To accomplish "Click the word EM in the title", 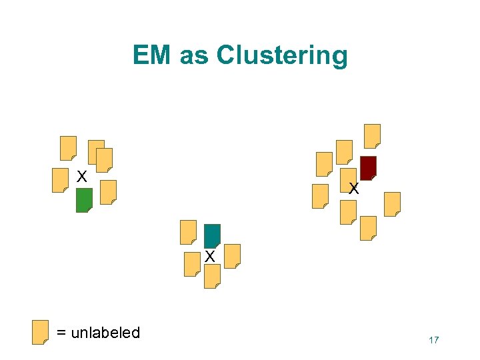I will click(x=152, y=55).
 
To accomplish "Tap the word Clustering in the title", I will click(x=281, y=55).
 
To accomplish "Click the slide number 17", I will click(x=433, y=341).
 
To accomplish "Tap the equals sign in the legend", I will click(x=61, y=333).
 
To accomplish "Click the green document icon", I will click(x=84, y=200).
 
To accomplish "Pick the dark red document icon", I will click(x=368, y=168).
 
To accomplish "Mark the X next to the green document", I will click(x=81, y=177).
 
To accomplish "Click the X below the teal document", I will click(x=209, y=256).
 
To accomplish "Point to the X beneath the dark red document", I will click(x=354, y=189).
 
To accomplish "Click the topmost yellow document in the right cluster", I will click(x=372, y=136).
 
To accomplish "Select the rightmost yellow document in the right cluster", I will click(x=393, y=204).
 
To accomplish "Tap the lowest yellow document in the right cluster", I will click(x=368, y=228).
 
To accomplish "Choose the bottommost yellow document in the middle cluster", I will click(x=212, y=276).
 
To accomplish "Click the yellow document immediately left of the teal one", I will click(x=189, y=232).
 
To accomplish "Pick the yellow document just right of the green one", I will click(x=108, y=192).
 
